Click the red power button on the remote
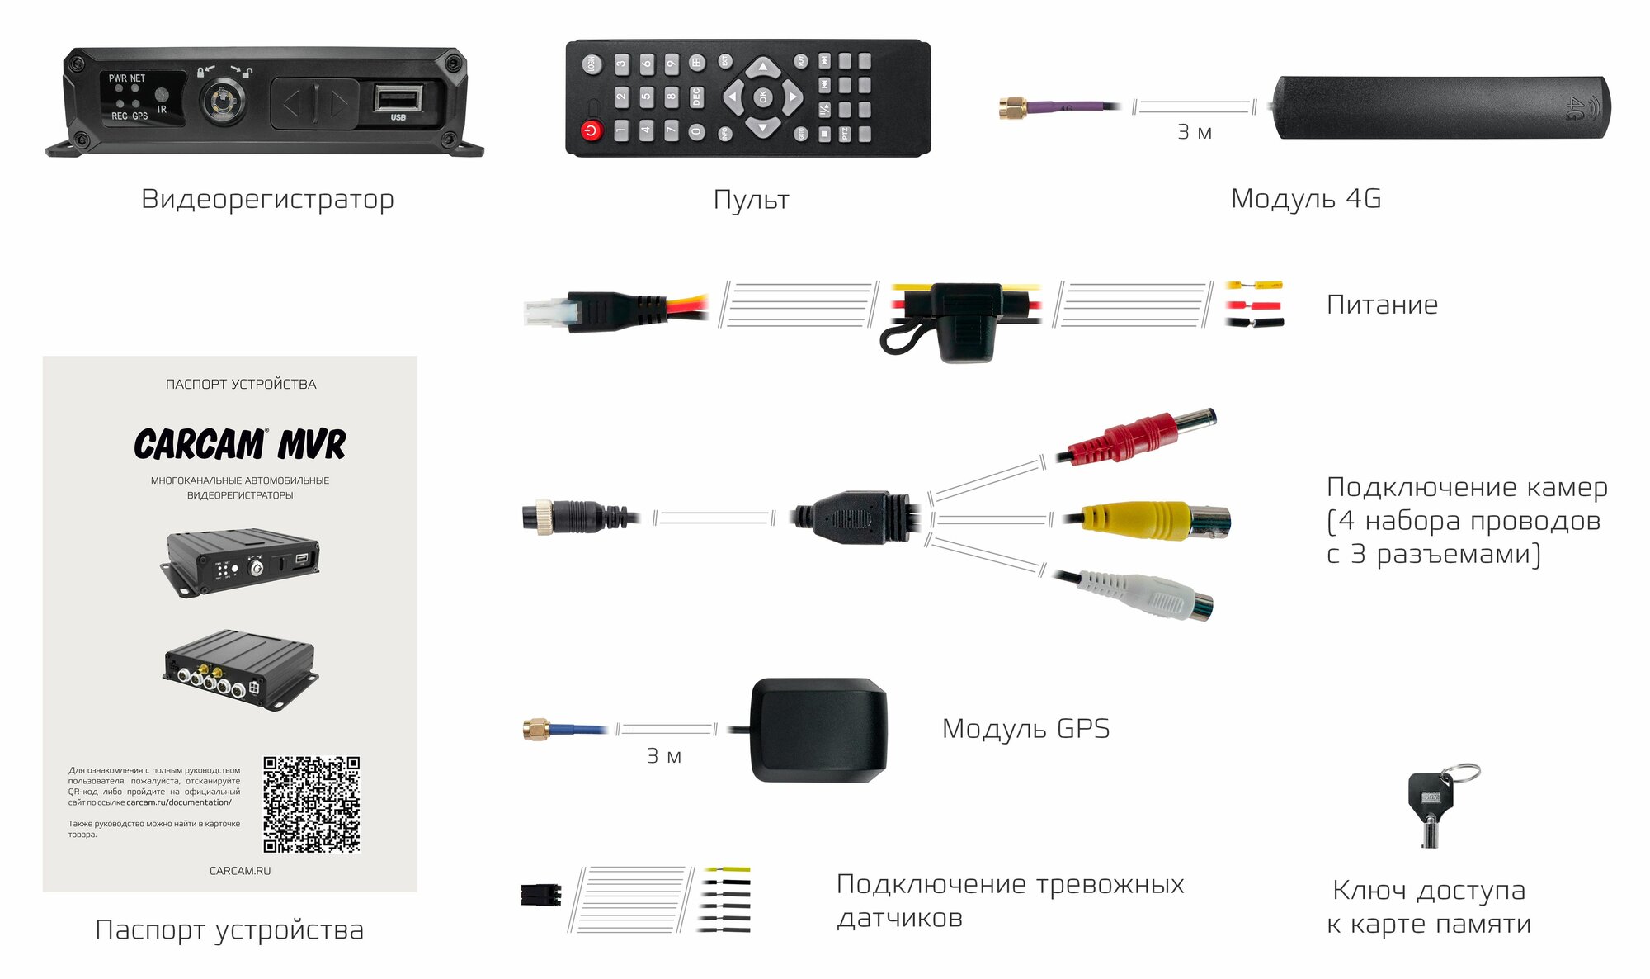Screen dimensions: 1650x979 [x=591, y=130]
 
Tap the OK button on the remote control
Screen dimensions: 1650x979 [x=763, y=97]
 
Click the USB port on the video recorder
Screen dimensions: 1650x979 [x=398, y=97]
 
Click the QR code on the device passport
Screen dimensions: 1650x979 [x=312, y=804]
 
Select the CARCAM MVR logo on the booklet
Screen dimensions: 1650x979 [x=240, y=444]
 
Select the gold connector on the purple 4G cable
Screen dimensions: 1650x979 [x=1012, y=106]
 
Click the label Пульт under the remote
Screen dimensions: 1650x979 [x=751, y=200]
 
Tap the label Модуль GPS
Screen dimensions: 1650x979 [x=1025, y=729]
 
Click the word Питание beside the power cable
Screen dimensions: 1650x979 [x=1382, y=305]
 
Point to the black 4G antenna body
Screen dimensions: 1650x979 [x=1440, y=107]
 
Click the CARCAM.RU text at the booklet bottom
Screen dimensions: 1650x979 [x=240, y=871]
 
